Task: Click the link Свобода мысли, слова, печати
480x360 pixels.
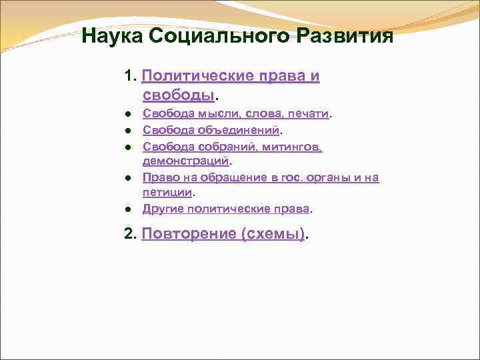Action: [x=236, y=114]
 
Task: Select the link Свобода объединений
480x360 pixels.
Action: [x=211, y=130]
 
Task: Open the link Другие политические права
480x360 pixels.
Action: [x=226, y=208]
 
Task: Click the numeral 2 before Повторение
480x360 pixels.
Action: [x=128, y=234]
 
